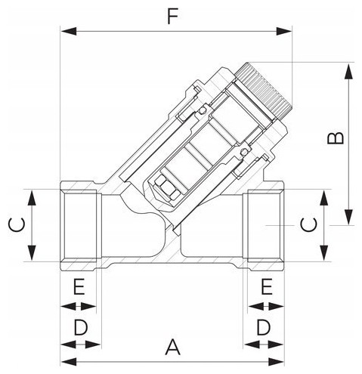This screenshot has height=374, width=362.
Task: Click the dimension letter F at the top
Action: click(x=173, y=17)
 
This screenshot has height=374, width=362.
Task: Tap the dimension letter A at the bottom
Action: click(x=173, y=348)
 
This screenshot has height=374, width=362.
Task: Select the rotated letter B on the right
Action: click(x=336, y=138)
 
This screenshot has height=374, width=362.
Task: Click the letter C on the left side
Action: click(x=17, y=225)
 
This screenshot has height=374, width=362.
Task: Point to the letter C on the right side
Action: click(x=309, y=225)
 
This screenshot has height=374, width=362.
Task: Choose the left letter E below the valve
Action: click(x=79, y=286)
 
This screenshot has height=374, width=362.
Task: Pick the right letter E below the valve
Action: click(x=267, y=286)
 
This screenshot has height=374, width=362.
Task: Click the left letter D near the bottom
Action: click(x=81, y=327)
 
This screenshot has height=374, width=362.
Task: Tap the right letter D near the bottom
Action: click(x=264, y=327)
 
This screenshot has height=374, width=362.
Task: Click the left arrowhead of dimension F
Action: click(x=69, y=32)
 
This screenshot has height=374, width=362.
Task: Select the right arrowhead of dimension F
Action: click(x=284, y=32)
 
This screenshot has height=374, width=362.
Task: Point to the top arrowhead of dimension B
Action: click(x=348, y=72)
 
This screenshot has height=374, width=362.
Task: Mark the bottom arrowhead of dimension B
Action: click(x=348, y=217)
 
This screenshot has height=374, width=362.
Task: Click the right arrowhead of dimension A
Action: click(x=276, y=362)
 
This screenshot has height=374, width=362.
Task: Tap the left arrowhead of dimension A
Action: click(x=69, y=362)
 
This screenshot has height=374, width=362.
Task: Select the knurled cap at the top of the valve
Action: click(x=265, y=89)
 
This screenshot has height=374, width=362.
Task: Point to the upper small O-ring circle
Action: click(x=202, y=110)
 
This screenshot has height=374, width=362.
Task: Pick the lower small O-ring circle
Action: click(x=243, y=152)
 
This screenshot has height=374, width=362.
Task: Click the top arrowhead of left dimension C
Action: click(x=32, y=199)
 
